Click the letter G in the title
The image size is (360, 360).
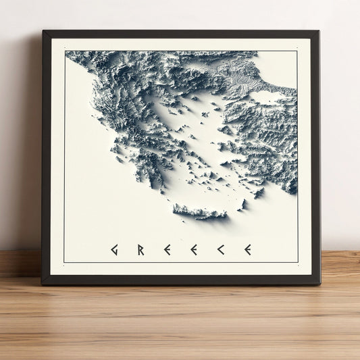[114, 250]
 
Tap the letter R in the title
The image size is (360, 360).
[140, 250]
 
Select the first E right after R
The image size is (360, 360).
[167, 250]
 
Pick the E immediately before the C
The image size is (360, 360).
[194, 250]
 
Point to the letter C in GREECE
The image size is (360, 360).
[220, 250]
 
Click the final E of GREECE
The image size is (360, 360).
[248, 250]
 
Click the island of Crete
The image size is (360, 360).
[200, 213]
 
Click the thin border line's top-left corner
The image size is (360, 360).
[65, 51]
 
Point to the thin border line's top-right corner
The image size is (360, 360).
[297, 51]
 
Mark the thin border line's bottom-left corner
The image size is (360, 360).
[65, 262]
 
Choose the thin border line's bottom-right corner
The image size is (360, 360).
[297, 262]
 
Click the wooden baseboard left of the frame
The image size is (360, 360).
[20, 263]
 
